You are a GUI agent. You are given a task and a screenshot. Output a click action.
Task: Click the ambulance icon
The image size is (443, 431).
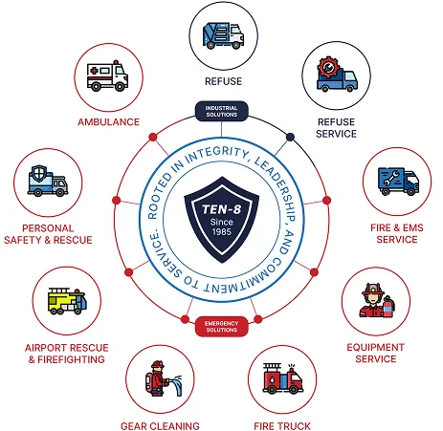point(107,75)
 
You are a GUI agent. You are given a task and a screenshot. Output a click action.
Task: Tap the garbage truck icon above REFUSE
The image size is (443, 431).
point(223,35)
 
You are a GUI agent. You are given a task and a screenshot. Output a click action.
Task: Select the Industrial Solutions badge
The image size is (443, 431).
point(221,111)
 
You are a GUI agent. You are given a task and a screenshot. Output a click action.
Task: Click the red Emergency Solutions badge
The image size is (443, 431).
point(221,327)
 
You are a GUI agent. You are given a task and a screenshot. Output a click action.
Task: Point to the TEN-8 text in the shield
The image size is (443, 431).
point(221,209)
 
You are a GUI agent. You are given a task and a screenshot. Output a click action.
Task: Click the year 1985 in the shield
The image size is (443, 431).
point(222,231)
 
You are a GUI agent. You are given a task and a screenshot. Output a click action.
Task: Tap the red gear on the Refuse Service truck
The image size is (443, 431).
point(327,67)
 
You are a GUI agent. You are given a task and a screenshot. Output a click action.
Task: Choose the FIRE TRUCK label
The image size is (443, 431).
point(282,426)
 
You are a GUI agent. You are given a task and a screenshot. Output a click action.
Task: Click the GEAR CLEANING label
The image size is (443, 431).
point(160,426)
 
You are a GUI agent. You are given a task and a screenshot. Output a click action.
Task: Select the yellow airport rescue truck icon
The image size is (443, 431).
point(67,301)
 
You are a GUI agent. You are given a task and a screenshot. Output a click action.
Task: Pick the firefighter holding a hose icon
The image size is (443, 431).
point(163,378)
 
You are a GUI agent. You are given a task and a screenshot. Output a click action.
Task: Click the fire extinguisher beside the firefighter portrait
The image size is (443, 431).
point(388,307)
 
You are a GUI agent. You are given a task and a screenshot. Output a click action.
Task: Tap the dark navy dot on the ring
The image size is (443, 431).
point(290,137)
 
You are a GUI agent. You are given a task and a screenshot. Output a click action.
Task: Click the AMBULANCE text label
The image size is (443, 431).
point(108,122)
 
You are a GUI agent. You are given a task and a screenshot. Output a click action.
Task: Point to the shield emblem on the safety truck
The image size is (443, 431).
point(39,174)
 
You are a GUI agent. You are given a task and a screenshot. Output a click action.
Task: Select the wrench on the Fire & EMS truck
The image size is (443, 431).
point(391,179)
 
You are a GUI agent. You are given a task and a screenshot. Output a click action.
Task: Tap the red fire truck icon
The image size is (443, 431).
point(282,378)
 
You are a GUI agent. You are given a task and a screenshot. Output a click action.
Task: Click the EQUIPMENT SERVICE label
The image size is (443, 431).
point(376,353)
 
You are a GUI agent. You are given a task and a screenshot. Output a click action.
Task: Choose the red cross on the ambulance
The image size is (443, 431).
point(94,71)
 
